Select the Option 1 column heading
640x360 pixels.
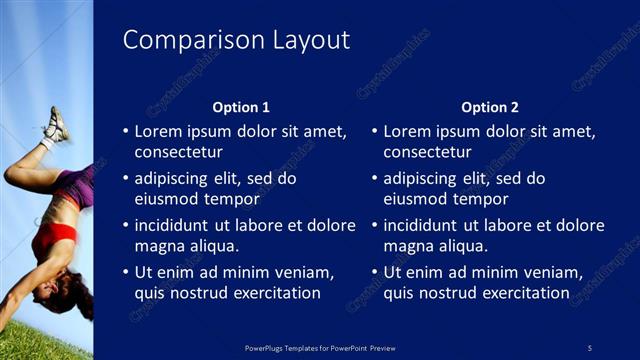click(241, 107)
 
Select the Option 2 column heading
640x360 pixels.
click(490, 107)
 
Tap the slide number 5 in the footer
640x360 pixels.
click(590, 346)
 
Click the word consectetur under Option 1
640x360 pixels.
click(178, 153)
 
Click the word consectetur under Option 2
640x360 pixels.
click(427, 153)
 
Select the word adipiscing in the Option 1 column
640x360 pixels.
click(178, 178)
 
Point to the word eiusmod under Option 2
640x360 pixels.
click(417, 199)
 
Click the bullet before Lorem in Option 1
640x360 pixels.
click(125, 131)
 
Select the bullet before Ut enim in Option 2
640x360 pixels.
click(374, 272)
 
